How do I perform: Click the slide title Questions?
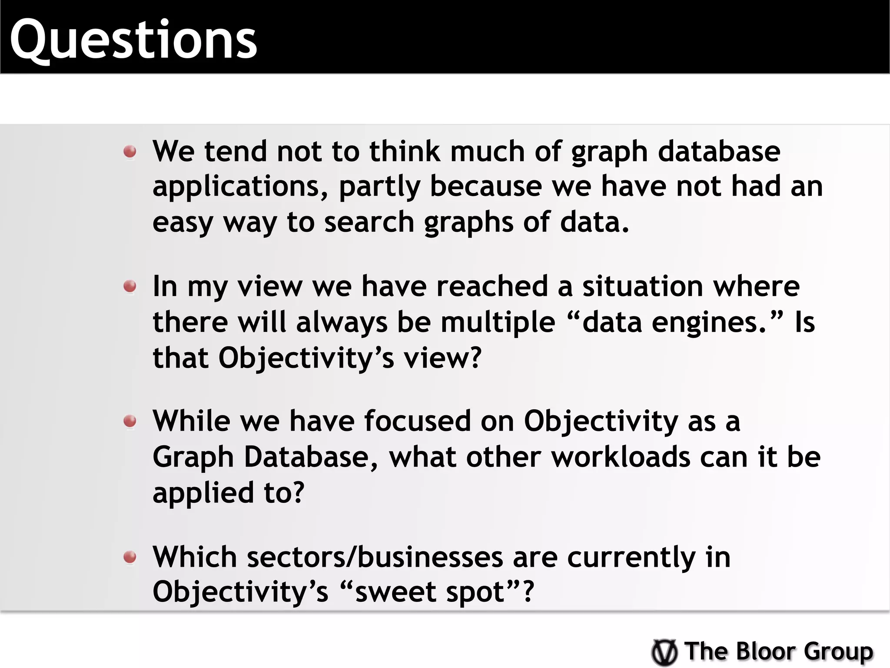click(x=134, y=40)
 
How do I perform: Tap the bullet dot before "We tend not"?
click(x=130, y=152)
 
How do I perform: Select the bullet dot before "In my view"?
click(x=130, y=287)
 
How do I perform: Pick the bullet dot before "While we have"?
click(x=130, y=421)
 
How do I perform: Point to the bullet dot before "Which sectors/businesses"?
click(x=130, y=557)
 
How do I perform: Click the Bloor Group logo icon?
click(x=664, y=652)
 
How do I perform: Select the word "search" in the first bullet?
click(x=369, y=222)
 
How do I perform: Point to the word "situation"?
click(x=642, y=287)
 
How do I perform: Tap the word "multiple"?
click(x=498, y=322)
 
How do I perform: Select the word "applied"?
click(x=203, y=493)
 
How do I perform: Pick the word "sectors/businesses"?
click(x=375, y=557)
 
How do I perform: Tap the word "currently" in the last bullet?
click(x=631, y=558)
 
